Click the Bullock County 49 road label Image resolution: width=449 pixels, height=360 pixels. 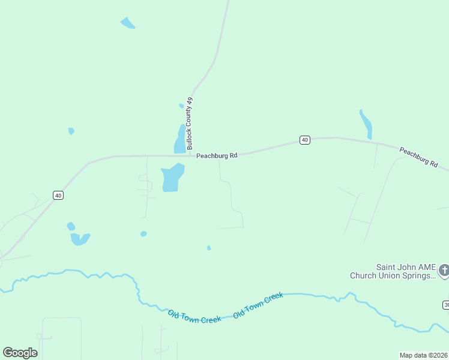point(190,124)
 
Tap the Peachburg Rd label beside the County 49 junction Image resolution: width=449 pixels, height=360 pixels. point(217,155)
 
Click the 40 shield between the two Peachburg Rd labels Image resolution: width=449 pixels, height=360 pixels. point(305,140)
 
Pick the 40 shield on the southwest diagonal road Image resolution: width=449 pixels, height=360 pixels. point(58,195)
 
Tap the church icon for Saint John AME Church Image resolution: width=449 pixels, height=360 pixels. point(444,271)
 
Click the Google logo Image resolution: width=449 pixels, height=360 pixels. point(20,353)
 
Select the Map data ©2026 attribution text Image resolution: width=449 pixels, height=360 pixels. point(423,355)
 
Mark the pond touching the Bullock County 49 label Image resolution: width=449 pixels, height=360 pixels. point(180,140)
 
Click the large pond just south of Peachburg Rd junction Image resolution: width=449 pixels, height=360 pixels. point(172,178)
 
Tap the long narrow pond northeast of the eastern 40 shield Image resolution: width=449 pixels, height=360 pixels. point(366,124)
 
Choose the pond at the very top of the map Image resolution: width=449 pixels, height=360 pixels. point(128,23)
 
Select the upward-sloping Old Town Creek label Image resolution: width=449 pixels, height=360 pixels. point(258,305)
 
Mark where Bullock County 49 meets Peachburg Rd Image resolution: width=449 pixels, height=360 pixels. point(191,155)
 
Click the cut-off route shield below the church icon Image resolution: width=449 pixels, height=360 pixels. point(446,305)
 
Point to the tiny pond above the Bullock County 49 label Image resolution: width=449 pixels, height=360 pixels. point(181,106)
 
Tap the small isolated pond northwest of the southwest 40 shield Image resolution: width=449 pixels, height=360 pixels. point(71,131)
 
